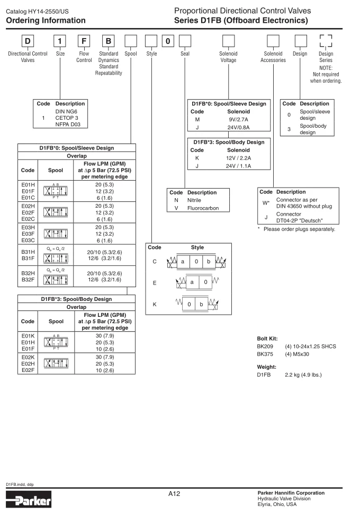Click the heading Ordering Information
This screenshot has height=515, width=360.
coord(46,21)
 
